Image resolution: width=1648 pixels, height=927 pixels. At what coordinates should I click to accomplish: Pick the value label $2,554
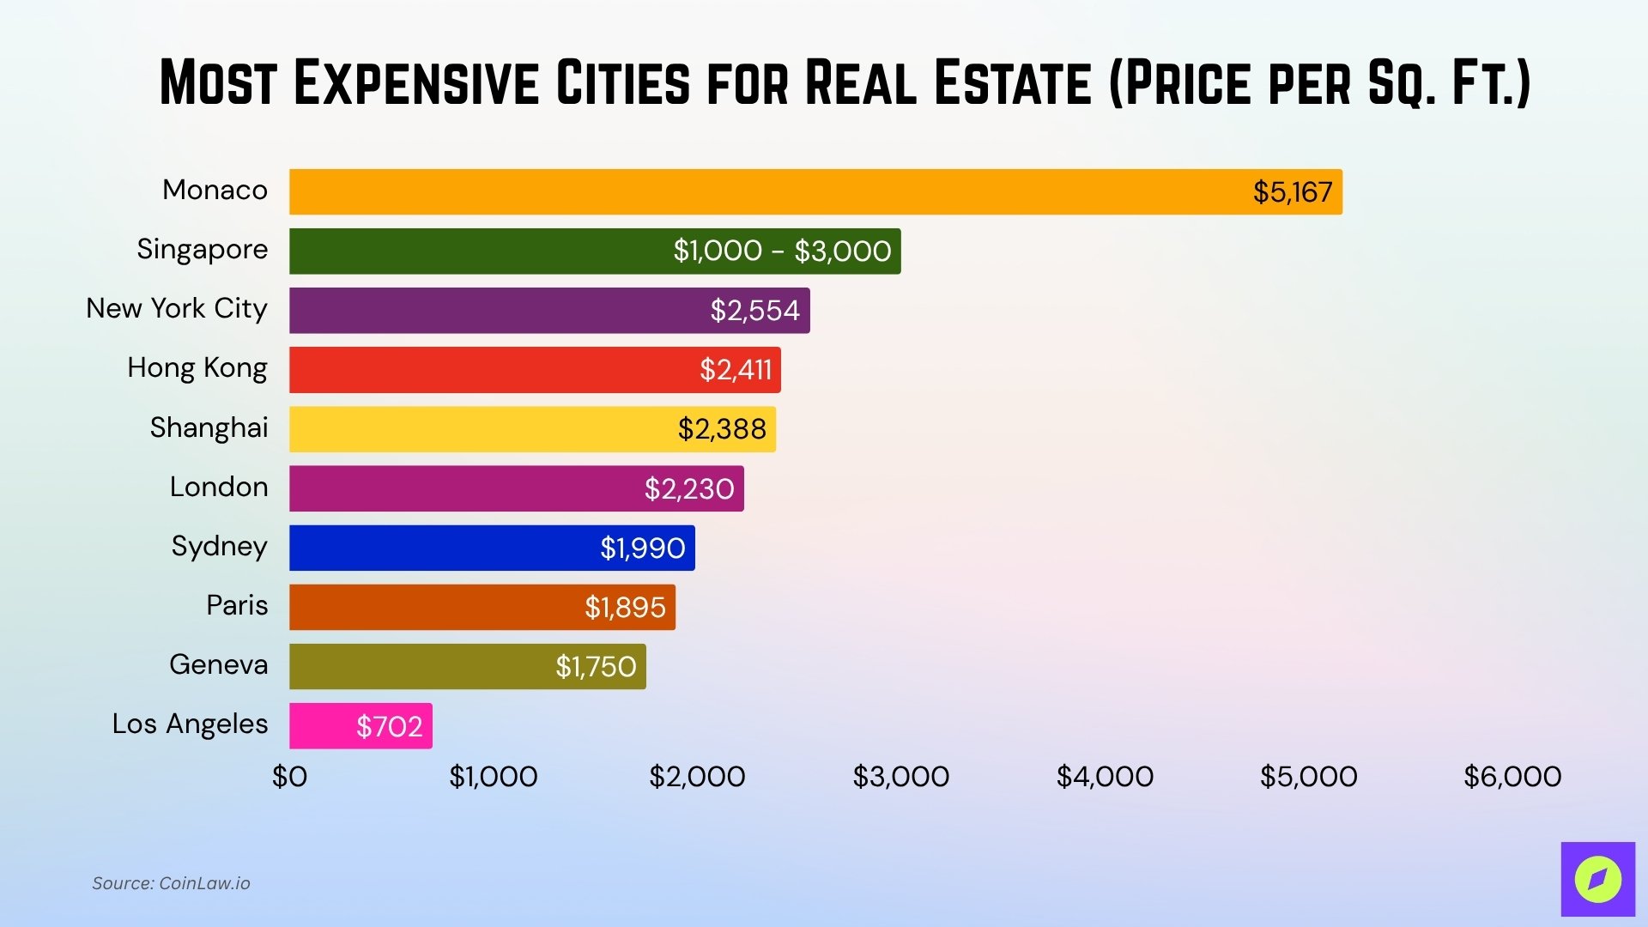[x=754, y=311]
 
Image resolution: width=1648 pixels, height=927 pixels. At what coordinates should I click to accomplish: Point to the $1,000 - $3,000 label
[x=782, y=251]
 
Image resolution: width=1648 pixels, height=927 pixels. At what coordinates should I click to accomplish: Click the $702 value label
[x=389, y=727]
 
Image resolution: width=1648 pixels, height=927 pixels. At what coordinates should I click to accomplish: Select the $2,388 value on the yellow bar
[x=721, y=429]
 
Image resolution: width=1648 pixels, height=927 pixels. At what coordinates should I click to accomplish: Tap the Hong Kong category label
[x=197, y=368]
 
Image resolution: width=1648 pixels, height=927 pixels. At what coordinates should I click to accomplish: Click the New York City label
[x=177, y=308]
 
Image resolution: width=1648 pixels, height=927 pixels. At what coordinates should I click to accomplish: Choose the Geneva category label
[x=218, y=665]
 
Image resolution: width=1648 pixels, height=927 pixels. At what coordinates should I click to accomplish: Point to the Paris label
[x=237, y=606]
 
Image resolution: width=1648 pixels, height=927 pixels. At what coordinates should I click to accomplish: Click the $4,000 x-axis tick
[x=1105, y=777]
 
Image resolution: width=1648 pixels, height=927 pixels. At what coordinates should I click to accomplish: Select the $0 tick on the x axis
[x=289, y=777]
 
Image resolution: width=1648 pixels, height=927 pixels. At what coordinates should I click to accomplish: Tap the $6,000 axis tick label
[x=1512, y=777]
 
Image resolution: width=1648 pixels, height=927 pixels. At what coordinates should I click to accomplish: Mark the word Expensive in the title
[x=416, y=83]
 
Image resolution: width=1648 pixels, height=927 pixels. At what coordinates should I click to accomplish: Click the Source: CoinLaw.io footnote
[x=171, y=883]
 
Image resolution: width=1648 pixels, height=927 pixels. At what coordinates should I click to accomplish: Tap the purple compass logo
[x=1597, y=879]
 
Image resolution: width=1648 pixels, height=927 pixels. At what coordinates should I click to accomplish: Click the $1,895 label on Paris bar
[x=625, y=608]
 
